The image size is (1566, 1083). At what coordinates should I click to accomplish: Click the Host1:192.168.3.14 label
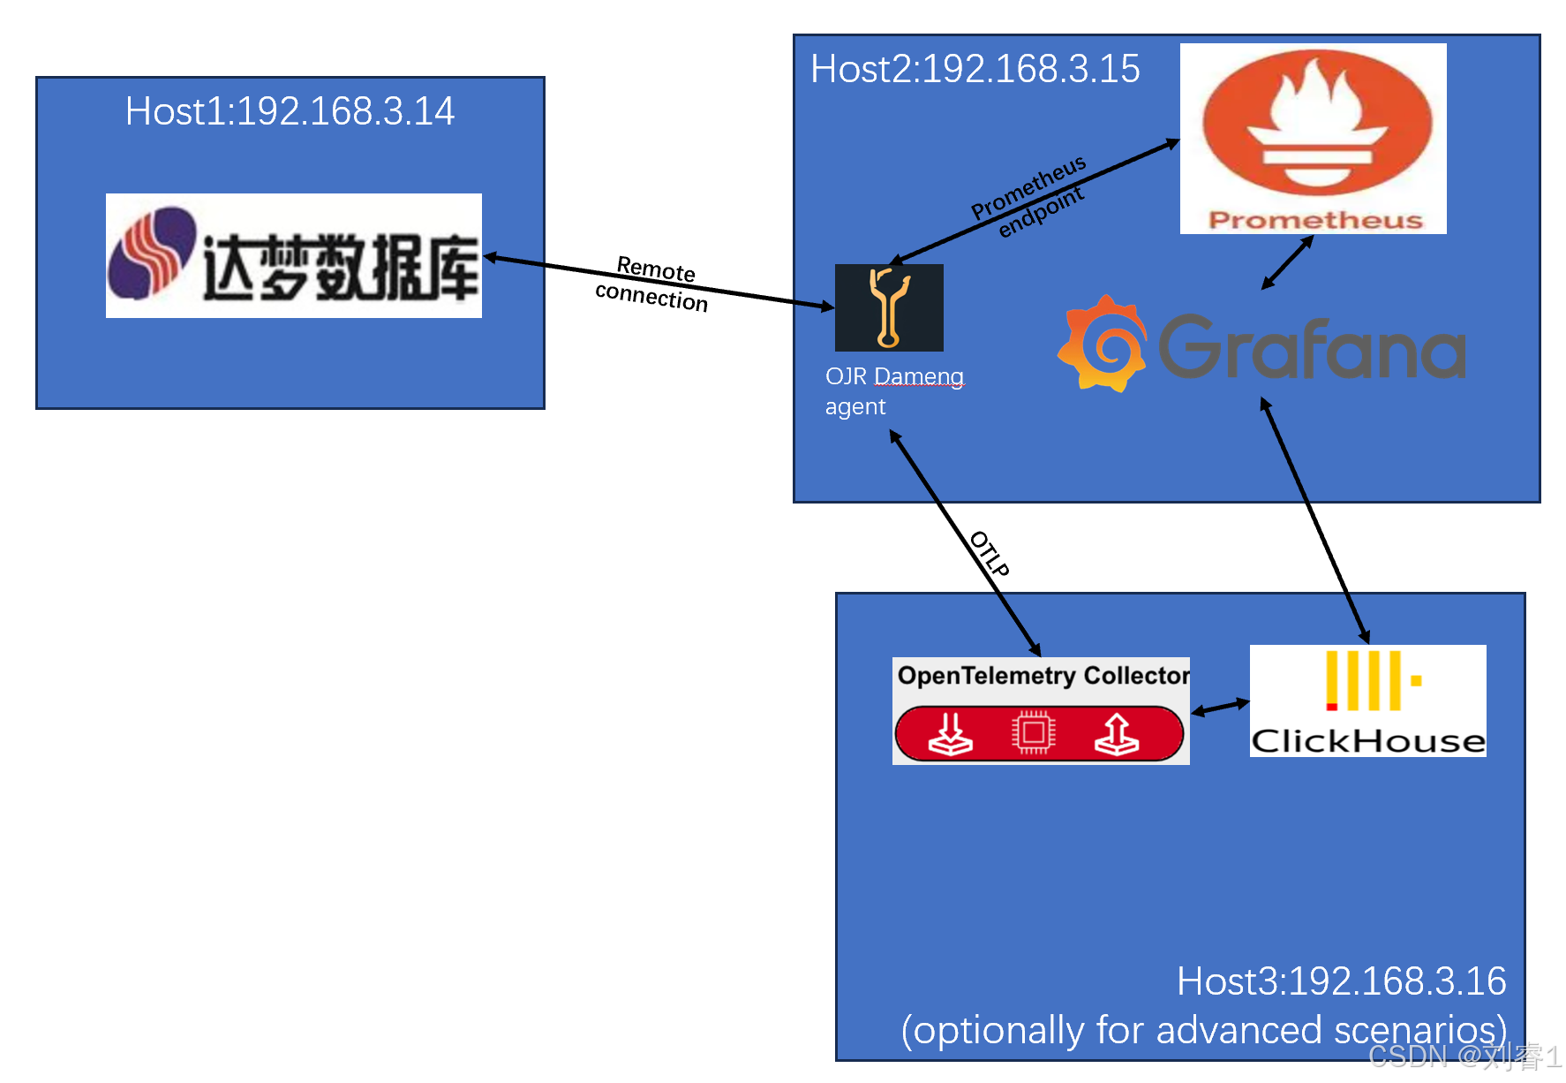pos(290,111)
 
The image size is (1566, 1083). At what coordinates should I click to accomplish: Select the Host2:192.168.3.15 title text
pos(975,69)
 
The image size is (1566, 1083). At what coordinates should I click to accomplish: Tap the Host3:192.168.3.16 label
pos(1340,981)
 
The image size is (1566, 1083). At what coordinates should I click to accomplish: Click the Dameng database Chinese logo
pos(294,256)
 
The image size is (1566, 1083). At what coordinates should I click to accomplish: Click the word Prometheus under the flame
pos(1315,220)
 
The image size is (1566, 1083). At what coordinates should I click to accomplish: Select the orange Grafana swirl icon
pos(1103,345)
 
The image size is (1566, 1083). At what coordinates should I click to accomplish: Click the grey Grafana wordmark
pos(1312,348)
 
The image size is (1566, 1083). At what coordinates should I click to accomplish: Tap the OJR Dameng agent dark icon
pos(889,307)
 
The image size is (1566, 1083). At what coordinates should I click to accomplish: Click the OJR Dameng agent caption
pos(893,390)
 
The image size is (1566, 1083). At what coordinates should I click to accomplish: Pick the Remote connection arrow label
pos(653,284)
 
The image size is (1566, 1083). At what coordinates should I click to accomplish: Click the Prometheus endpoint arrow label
pos(1029,198)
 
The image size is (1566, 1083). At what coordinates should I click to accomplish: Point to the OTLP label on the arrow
pos(990,554)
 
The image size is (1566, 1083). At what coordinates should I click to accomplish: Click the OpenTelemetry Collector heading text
pos(1043,676)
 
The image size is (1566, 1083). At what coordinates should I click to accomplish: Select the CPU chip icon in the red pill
pos(1034,732)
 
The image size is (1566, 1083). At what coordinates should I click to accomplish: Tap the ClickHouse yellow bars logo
pos(1367,681)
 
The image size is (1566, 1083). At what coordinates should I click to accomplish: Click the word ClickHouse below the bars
pos(1367,740)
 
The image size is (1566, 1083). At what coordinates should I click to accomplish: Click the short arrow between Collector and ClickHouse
pos(1220,707)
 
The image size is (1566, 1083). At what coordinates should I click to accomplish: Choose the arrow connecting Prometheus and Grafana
pos(1287,262)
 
